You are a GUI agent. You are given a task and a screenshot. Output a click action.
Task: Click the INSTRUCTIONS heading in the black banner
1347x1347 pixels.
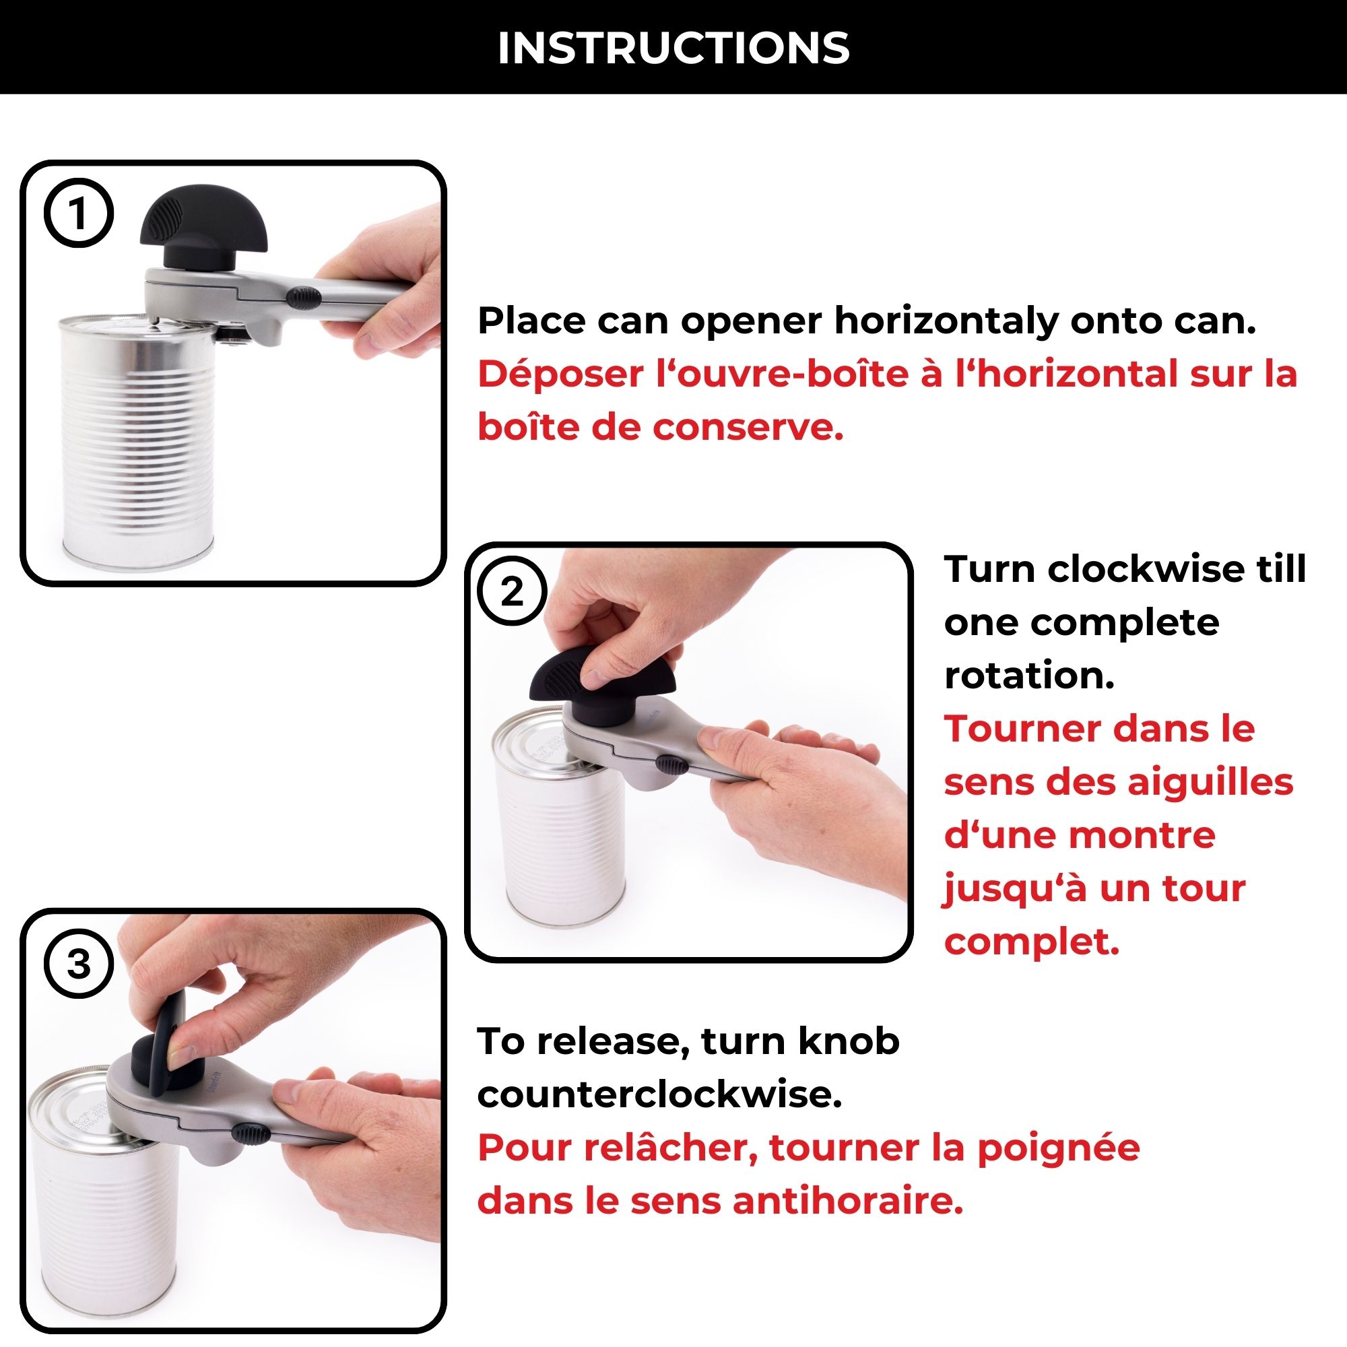click(x=673, y=48)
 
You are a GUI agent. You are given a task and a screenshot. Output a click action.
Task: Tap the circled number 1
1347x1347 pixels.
click(x=78, y=213)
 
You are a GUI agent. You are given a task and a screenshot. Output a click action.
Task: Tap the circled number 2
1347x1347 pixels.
click(x=512, y=592)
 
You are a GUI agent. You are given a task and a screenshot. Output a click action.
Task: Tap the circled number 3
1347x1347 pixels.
click(x=78, y=965)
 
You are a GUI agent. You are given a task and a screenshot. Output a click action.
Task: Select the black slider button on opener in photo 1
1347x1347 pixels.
click(x=304, y=299)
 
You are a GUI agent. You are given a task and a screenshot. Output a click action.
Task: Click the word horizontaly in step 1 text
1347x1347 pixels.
click(x=946, y=321)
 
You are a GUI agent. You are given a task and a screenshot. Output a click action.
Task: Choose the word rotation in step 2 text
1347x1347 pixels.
click(x=1029, y=676)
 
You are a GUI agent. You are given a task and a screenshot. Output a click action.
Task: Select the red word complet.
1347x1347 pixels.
click(x=1031, y=942)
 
